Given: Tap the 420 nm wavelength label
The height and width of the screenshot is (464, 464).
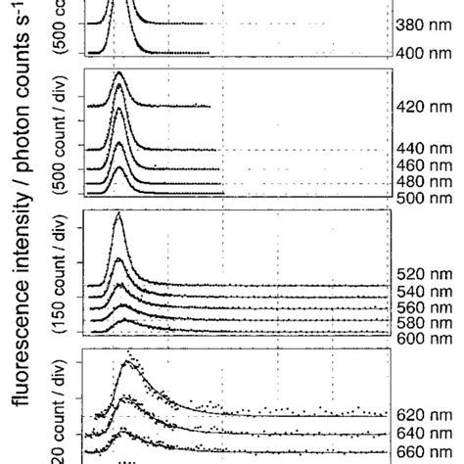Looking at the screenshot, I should (x=422, y=108).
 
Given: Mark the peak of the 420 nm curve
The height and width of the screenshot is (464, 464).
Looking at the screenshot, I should (x=118, y=73).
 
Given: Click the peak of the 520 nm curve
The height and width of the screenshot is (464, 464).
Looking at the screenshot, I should (x=118, y=214).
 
